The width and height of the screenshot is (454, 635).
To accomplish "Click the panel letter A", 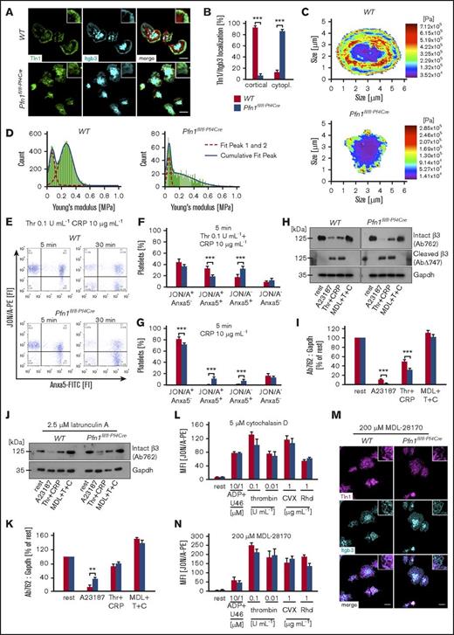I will click(x=7, y=7).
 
